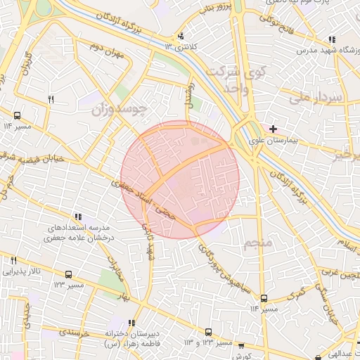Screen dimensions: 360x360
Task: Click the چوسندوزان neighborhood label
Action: pyautogui.click(x=124, y=108)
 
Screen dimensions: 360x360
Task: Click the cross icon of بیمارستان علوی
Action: pyautogui.click(x=273, y=129)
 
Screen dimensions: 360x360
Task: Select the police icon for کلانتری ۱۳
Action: pyautogui.click(x=181, y=36)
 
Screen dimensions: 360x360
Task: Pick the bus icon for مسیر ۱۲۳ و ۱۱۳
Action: pyautogui.click(x=208, y=331)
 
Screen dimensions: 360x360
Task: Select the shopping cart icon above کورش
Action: pyautogui.click(x=242, y=346)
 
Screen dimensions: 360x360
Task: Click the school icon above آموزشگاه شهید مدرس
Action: pyautogui.click(x=331, y=40)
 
